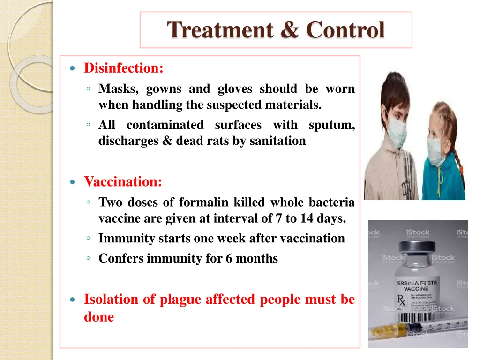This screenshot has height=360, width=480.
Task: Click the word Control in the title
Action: click(345, 30)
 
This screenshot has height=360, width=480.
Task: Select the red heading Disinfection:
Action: click(124, 68)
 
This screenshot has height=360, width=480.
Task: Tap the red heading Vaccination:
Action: click(123, 181)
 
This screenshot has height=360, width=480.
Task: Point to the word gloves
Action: click(235, 89)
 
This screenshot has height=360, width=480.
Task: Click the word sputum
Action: click(331, 125)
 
